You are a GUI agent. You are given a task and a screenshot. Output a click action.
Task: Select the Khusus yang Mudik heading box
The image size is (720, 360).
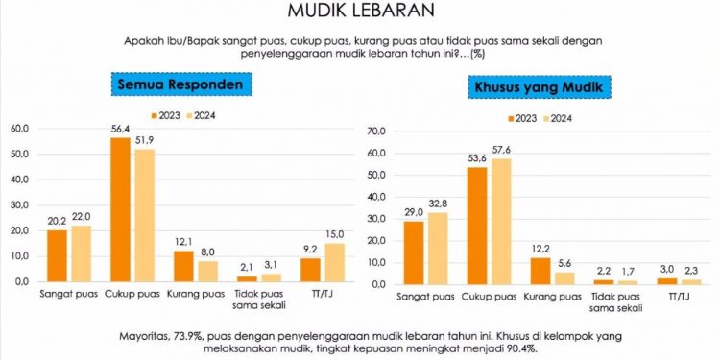(x=543, y=88)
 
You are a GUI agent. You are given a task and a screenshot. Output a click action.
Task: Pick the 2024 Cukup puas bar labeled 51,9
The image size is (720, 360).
(x=144, y=216)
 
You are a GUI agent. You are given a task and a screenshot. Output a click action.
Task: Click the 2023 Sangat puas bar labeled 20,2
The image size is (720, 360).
(x=58, y=256)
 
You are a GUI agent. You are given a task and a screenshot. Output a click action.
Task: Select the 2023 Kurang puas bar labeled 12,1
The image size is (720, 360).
(x=184, y=266)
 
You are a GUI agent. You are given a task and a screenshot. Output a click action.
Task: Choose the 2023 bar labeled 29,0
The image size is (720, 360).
(x=414, y=252)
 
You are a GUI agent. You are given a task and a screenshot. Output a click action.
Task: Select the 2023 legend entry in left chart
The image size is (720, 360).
(x=164, y=116)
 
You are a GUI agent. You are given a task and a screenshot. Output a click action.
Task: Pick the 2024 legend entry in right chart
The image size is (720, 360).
(x=559, y=119)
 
